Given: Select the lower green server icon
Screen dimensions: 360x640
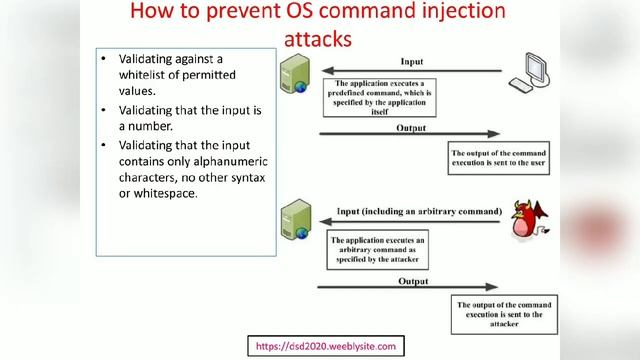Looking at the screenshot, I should (297, 220).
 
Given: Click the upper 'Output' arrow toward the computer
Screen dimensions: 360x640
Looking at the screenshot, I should (410, 134).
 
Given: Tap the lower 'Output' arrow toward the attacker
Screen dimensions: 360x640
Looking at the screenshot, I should (410, 289).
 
